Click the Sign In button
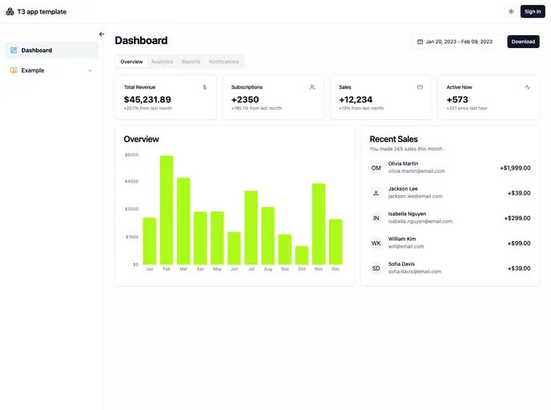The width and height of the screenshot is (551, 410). tap(533, 11)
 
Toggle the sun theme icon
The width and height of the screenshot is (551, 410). tap(511, 11)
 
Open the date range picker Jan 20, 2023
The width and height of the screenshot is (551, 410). tap(457, 42)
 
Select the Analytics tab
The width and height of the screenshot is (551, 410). tap(162, 62)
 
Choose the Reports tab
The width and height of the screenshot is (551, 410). tap(191, 62)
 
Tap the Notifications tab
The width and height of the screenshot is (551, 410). tap(224, 62)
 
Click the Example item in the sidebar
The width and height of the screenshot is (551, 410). tap(33, 70)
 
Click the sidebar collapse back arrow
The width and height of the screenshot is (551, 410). tap(102, 34)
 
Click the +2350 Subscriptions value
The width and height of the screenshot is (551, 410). tap(245, 99)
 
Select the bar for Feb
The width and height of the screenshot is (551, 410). tap(167, 210)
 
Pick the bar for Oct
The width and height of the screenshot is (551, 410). tap(301, 255)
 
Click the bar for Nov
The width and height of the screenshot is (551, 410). tap(319, 223)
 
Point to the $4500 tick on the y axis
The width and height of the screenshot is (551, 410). tap(131, 182)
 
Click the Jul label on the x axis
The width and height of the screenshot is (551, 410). tap(251, 269)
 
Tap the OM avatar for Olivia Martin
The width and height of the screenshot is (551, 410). tap(376, 168)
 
